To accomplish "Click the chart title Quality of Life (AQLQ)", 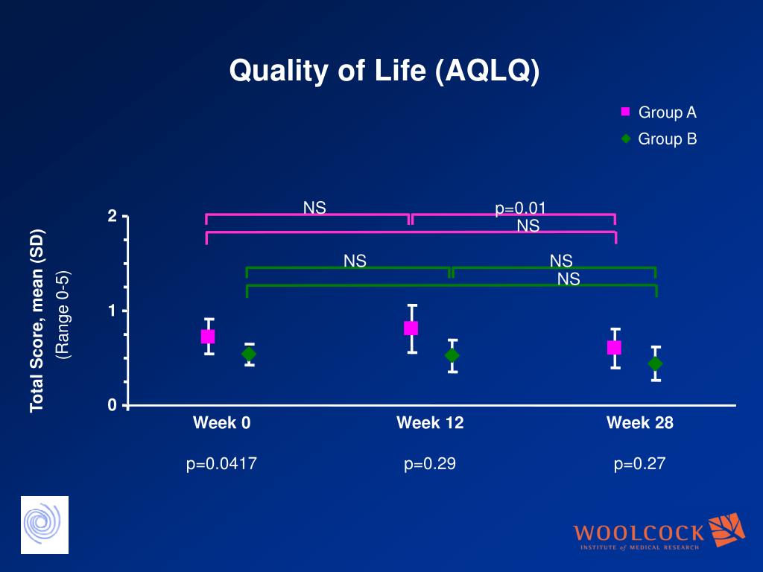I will (384, 71).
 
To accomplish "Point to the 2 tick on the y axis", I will (113, 217).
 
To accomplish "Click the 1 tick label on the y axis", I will (113, 311).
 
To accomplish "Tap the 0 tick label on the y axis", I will (113, 405).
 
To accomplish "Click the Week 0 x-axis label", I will (222, 423).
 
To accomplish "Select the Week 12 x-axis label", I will (430, 423).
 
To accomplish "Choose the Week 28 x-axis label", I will (639, 423).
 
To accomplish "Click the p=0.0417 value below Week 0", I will (222, 464).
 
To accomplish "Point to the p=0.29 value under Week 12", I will (430, 464).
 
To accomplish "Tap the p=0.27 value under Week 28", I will (639, 464).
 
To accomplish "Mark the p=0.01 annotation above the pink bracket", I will (525, 208).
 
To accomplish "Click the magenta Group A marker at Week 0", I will (208, 337).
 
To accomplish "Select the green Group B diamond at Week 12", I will (452, 355).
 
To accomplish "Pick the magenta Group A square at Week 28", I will (614, 347).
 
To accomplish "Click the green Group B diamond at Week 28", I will (655, 363).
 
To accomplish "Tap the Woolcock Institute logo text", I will (639, 533).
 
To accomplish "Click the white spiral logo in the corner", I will (44, 524).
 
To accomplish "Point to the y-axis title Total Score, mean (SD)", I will (37, 320).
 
